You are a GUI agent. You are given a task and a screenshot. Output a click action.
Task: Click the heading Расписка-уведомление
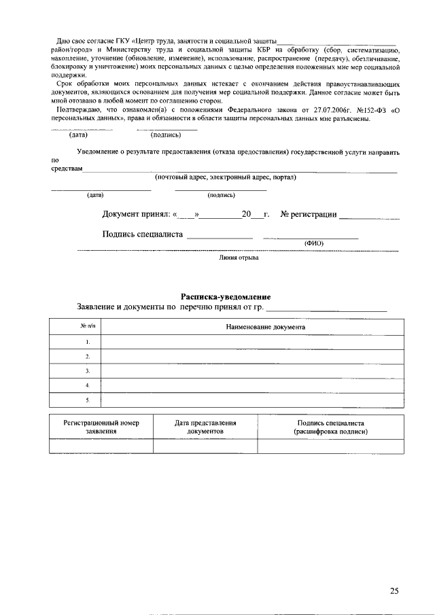click(226, 297)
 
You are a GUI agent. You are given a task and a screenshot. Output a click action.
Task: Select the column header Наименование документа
click(265, 328)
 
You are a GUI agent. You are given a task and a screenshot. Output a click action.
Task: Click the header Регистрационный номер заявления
click(101, 427)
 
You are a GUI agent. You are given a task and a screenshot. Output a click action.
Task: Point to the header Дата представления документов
click(205, 427)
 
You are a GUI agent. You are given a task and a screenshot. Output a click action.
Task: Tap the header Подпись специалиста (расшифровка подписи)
click(330, 427)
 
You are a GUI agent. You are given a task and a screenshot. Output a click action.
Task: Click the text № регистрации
click(309, 215)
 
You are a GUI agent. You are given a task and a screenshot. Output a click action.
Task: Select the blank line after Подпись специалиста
click(220, 236)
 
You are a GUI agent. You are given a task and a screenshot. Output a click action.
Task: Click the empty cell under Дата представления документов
click(205, 446)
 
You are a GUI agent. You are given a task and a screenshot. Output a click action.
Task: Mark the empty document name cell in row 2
click(248, 356)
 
